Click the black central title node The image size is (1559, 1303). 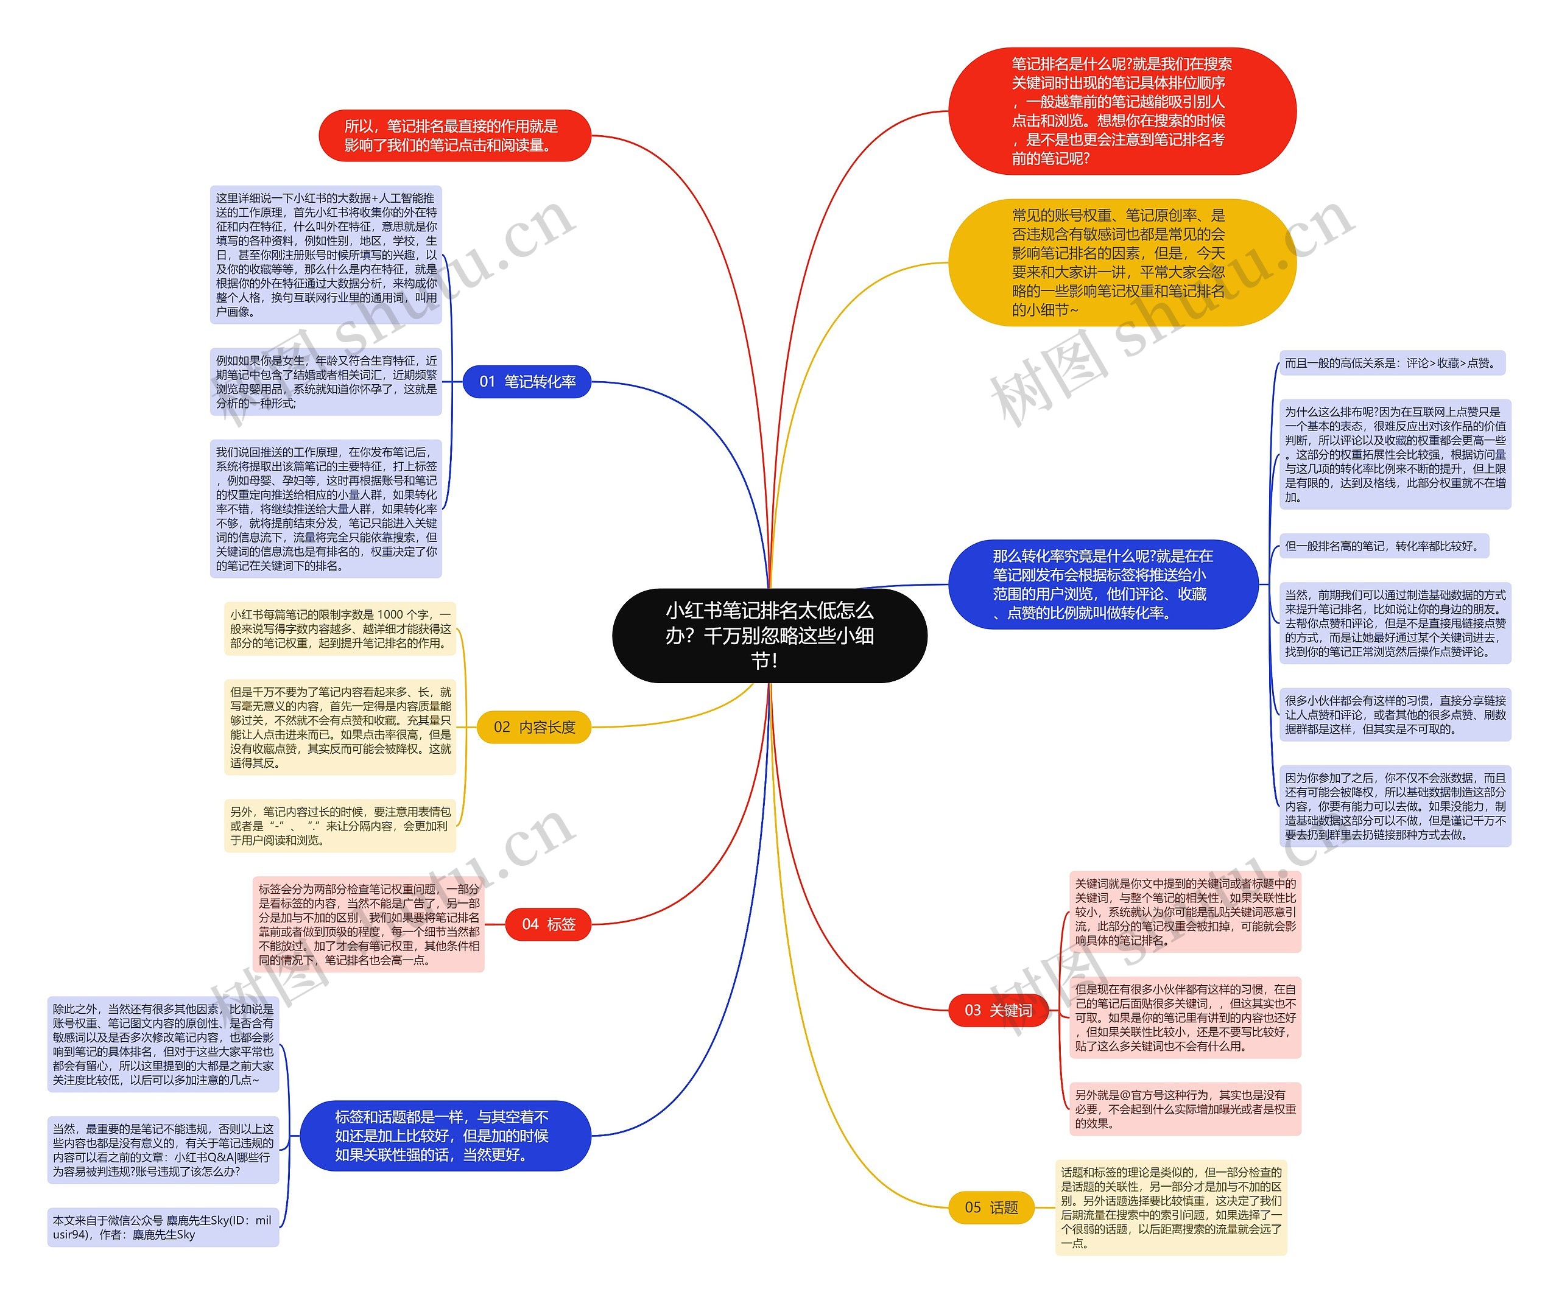point(769,635)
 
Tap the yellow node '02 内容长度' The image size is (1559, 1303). point(533,727)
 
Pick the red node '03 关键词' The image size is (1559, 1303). point(997,1010)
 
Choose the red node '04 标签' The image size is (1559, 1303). point(548,924)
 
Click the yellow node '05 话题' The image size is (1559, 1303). point(991,1207)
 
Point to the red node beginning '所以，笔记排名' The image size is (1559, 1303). point(454,136)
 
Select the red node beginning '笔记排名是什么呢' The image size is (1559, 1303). point(1122,111)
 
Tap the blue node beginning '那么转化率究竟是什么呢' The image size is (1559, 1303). point(1103,585)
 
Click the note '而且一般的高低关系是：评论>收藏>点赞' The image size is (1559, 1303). point(1391,363)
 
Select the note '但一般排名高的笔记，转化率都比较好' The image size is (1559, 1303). point(1383,546)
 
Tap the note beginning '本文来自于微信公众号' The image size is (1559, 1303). point(163,1227)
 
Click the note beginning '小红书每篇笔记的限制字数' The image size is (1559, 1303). point(340,629)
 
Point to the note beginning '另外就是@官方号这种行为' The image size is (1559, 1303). point(1185,1109)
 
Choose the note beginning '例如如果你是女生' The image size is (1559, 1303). point(326,382)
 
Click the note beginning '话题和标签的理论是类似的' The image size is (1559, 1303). point(1170,1207)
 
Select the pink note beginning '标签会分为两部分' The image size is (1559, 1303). point(368,924)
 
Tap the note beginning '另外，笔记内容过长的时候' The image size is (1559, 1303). point(340,826)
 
